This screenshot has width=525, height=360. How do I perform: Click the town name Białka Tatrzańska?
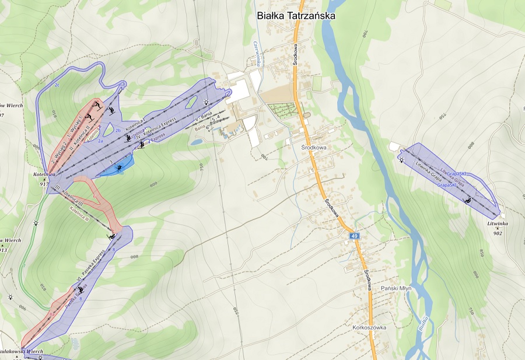coord(296,16)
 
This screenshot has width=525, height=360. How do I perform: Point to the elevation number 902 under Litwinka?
coord(498,233)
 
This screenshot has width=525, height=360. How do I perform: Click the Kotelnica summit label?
coord(44,174)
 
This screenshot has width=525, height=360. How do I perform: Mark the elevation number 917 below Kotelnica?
coord(44,184)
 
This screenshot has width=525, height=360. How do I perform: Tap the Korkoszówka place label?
coord(369,328)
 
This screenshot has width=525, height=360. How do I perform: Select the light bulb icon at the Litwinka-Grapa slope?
coord(401,158)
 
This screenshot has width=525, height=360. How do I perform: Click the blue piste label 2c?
coord(57,86)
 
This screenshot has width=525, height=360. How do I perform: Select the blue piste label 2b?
coord(118,130)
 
